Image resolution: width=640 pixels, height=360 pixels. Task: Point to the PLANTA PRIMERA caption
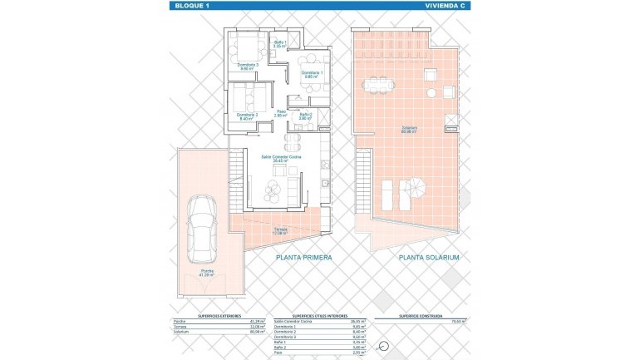pyautogui.click(x=304, y=258)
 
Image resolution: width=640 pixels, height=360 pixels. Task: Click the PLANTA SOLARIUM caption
pyautogui.click(x=429, y=258)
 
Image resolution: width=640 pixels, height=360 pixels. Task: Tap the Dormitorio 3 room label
pyautogui.click(x=247, y=66)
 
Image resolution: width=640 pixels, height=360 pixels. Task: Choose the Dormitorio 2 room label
pyautogui.click(x=248, y=116)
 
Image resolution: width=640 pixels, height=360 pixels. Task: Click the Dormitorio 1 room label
pyautogui.click(x=312, y=74)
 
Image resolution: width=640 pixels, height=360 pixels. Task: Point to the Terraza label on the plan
pyautogui.click(x=280, y=231)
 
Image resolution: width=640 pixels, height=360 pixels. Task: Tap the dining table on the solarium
pyautogui.click(x=378, y=85)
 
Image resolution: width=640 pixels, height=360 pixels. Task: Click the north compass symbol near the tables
pyautogui.click(x=384, y=347)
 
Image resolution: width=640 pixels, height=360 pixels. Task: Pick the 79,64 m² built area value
pyautogui.click(x=458, y=322)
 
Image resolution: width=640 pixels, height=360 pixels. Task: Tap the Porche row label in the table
pyautogui.click(x=179, y=322)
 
